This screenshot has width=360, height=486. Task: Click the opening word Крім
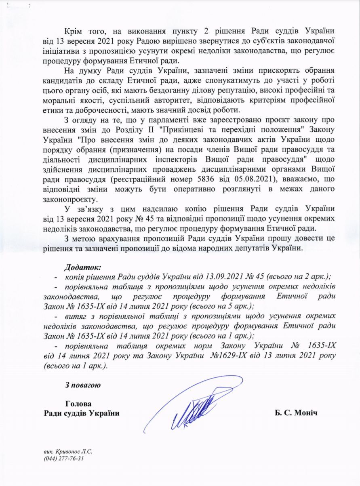point(73,31)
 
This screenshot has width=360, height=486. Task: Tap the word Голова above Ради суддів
point(78,404)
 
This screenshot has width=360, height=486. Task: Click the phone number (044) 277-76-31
point(65,459)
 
